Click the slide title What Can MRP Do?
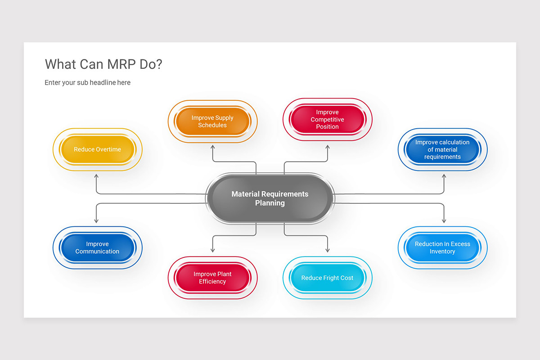point(103,64)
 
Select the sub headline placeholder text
point(87,83)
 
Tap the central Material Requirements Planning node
point(270,198)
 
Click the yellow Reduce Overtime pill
point(98,149)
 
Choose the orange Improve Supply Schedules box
point(212,121)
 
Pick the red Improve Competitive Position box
point(327,120)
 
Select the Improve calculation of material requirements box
point(442,149)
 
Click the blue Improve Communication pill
point(98,248)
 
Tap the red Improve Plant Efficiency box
point(212,278)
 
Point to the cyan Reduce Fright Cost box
point(327,278)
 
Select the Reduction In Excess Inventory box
point(442,248)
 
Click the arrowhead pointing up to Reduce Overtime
point(96,177)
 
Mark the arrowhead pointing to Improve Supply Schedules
point(212,147)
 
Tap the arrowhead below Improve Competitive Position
point(328,147)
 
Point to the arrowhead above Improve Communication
point(96,220)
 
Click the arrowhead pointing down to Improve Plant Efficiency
point(212,250)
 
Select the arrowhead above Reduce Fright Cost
point(328,250)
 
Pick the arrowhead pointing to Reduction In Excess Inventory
point(444,220)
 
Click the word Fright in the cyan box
point(331,278)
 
